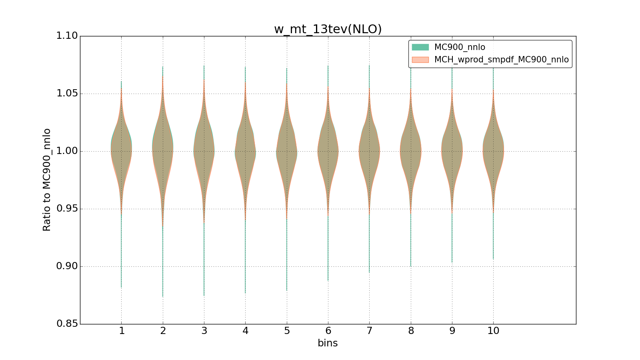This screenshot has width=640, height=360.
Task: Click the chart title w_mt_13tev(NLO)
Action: tap(328, 29)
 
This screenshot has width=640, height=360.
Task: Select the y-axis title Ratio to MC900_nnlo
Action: tap(47, 180)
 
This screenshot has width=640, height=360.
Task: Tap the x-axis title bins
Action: tap(328, 343)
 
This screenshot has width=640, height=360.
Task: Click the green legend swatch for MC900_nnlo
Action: tap(420, 47)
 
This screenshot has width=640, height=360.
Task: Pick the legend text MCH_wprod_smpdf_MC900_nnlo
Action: tap(501, 60)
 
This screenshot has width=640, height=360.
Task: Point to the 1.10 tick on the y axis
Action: tap(67, 36)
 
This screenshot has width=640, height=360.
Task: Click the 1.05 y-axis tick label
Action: tap(67, 94)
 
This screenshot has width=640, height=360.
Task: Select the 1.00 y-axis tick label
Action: tap(67, 151)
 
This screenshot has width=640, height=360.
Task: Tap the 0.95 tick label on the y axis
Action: tap(67, 209)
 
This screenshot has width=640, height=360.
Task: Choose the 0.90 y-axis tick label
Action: tap(67, 266)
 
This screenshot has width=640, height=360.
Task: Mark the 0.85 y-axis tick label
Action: tap(67, 324)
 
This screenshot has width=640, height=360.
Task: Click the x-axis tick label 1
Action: tap(122, 331)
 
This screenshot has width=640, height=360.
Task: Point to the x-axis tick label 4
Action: tap(245, 331)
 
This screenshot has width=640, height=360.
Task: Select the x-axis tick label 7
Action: tap(369, 331)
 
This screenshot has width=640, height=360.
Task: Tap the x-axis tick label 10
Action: tap(493, 331)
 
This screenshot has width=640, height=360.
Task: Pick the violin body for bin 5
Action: tap(286, 151)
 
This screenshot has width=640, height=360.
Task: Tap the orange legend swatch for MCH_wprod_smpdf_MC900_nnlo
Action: tap(420, 60)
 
